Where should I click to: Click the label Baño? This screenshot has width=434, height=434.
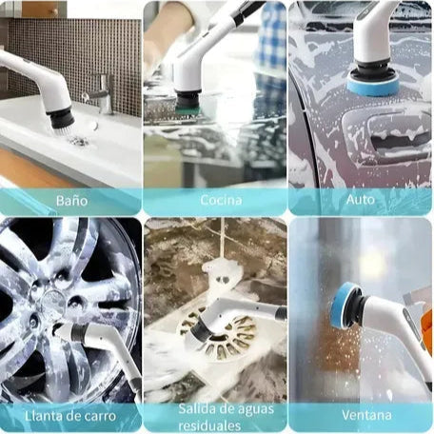coord(71,201)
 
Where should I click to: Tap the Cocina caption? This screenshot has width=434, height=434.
coord(221,200)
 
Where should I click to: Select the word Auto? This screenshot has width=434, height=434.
coord(361,200)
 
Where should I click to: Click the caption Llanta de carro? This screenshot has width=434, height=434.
coord(70,416)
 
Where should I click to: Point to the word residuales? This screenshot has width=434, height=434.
coord(209,425)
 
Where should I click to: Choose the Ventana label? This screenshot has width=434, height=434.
coord(366,415)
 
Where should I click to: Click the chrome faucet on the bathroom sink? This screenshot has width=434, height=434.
coord(101,93)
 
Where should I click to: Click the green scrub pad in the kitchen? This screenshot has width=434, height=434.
coord(187,110)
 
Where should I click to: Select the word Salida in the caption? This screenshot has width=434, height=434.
coord(193,408)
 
